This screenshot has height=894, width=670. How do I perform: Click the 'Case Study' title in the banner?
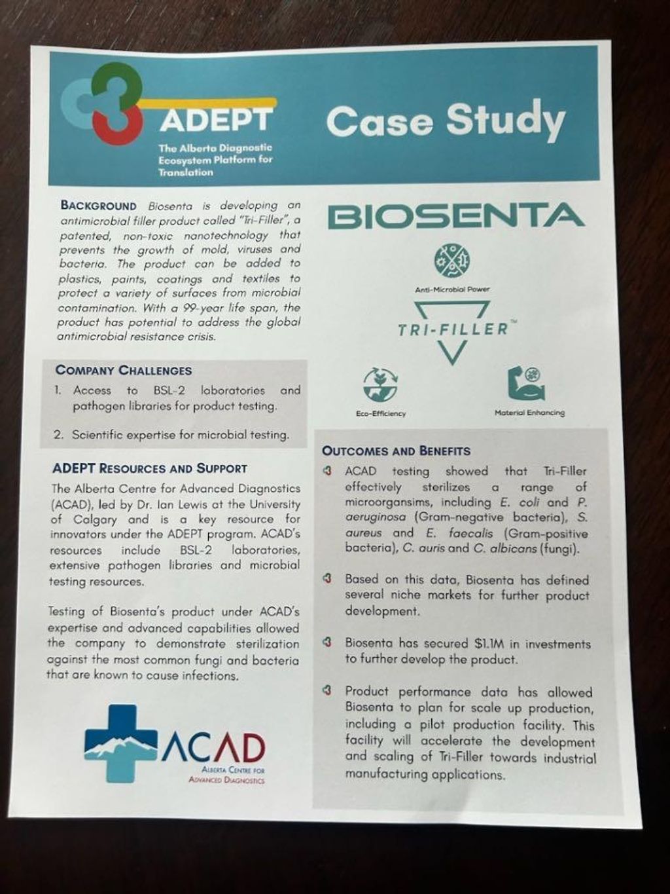tap(445, 121)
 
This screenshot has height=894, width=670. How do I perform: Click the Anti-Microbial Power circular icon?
tap(451, 260)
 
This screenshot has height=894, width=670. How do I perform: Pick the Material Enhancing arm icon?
tap(527, 384)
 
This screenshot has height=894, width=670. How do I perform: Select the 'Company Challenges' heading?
tap(124, 370)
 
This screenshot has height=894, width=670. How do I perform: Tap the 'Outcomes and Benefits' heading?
tap(396, 451)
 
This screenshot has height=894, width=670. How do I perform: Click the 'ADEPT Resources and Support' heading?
tap(149, 468)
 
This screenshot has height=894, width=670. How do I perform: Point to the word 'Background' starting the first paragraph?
tap(99, 205)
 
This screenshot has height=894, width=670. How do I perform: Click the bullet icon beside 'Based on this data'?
tap(329, 580)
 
